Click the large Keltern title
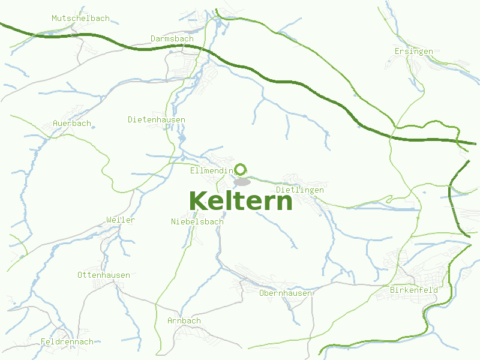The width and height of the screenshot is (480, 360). click(241, 202)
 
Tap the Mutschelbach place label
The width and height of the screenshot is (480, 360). click(80, 19)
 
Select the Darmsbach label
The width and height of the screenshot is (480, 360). click(172, 39)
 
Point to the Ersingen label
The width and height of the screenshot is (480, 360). click(413, 52)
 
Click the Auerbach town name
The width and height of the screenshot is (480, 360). click(72, 124)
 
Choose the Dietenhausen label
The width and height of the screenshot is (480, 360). click(156, 120)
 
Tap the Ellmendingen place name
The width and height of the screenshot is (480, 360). click(211, 171)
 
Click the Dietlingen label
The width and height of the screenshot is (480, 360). click(299, 190)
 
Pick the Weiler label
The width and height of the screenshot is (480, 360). click(120, 220)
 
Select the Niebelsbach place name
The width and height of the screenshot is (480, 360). click(197, 222)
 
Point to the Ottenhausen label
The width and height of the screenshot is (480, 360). click(103, 275)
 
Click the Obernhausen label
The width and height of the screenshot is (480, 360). click(285, 293)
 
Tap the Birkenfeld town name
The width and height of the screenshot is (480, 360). click(413, 290)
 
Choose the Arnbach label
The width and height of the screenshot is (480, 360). click(184, 321)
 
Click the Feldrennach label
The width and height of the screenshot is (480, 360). click(67, 342)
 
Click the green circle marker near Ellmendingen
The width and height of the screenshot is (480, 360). click(241, 169)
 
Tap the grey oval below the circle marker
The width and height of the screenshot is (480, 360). click(242, 181)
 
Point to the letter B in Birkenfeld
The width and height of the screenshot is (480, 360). click(392, 290)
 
